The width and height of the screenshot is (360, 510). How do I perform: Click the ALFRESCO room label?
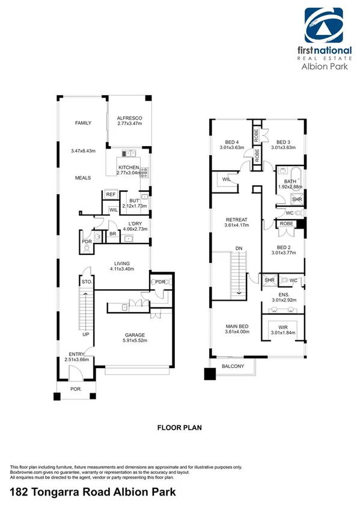pos(128,118)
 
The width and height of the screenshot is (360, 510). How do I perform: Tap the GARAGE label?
pos(135,335)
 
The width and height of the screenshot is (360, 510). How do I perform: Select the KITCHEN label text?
pos(129,167)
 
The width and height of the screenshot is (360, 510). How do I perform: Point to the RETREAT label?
pos(237,220)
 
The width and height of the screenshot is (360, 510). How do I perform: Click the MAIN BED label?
pos(236,325)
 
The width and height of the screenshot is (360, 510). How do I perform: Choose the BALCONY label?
pos(233,366)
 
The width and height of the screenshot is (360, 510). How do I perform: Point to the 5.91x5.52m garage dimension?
pos(135,342)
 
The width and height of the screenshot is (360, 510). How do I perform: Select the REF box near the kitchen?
pos(110,195)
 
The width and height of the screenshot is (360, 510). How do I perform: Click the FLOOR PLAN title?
pos(179,428)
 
